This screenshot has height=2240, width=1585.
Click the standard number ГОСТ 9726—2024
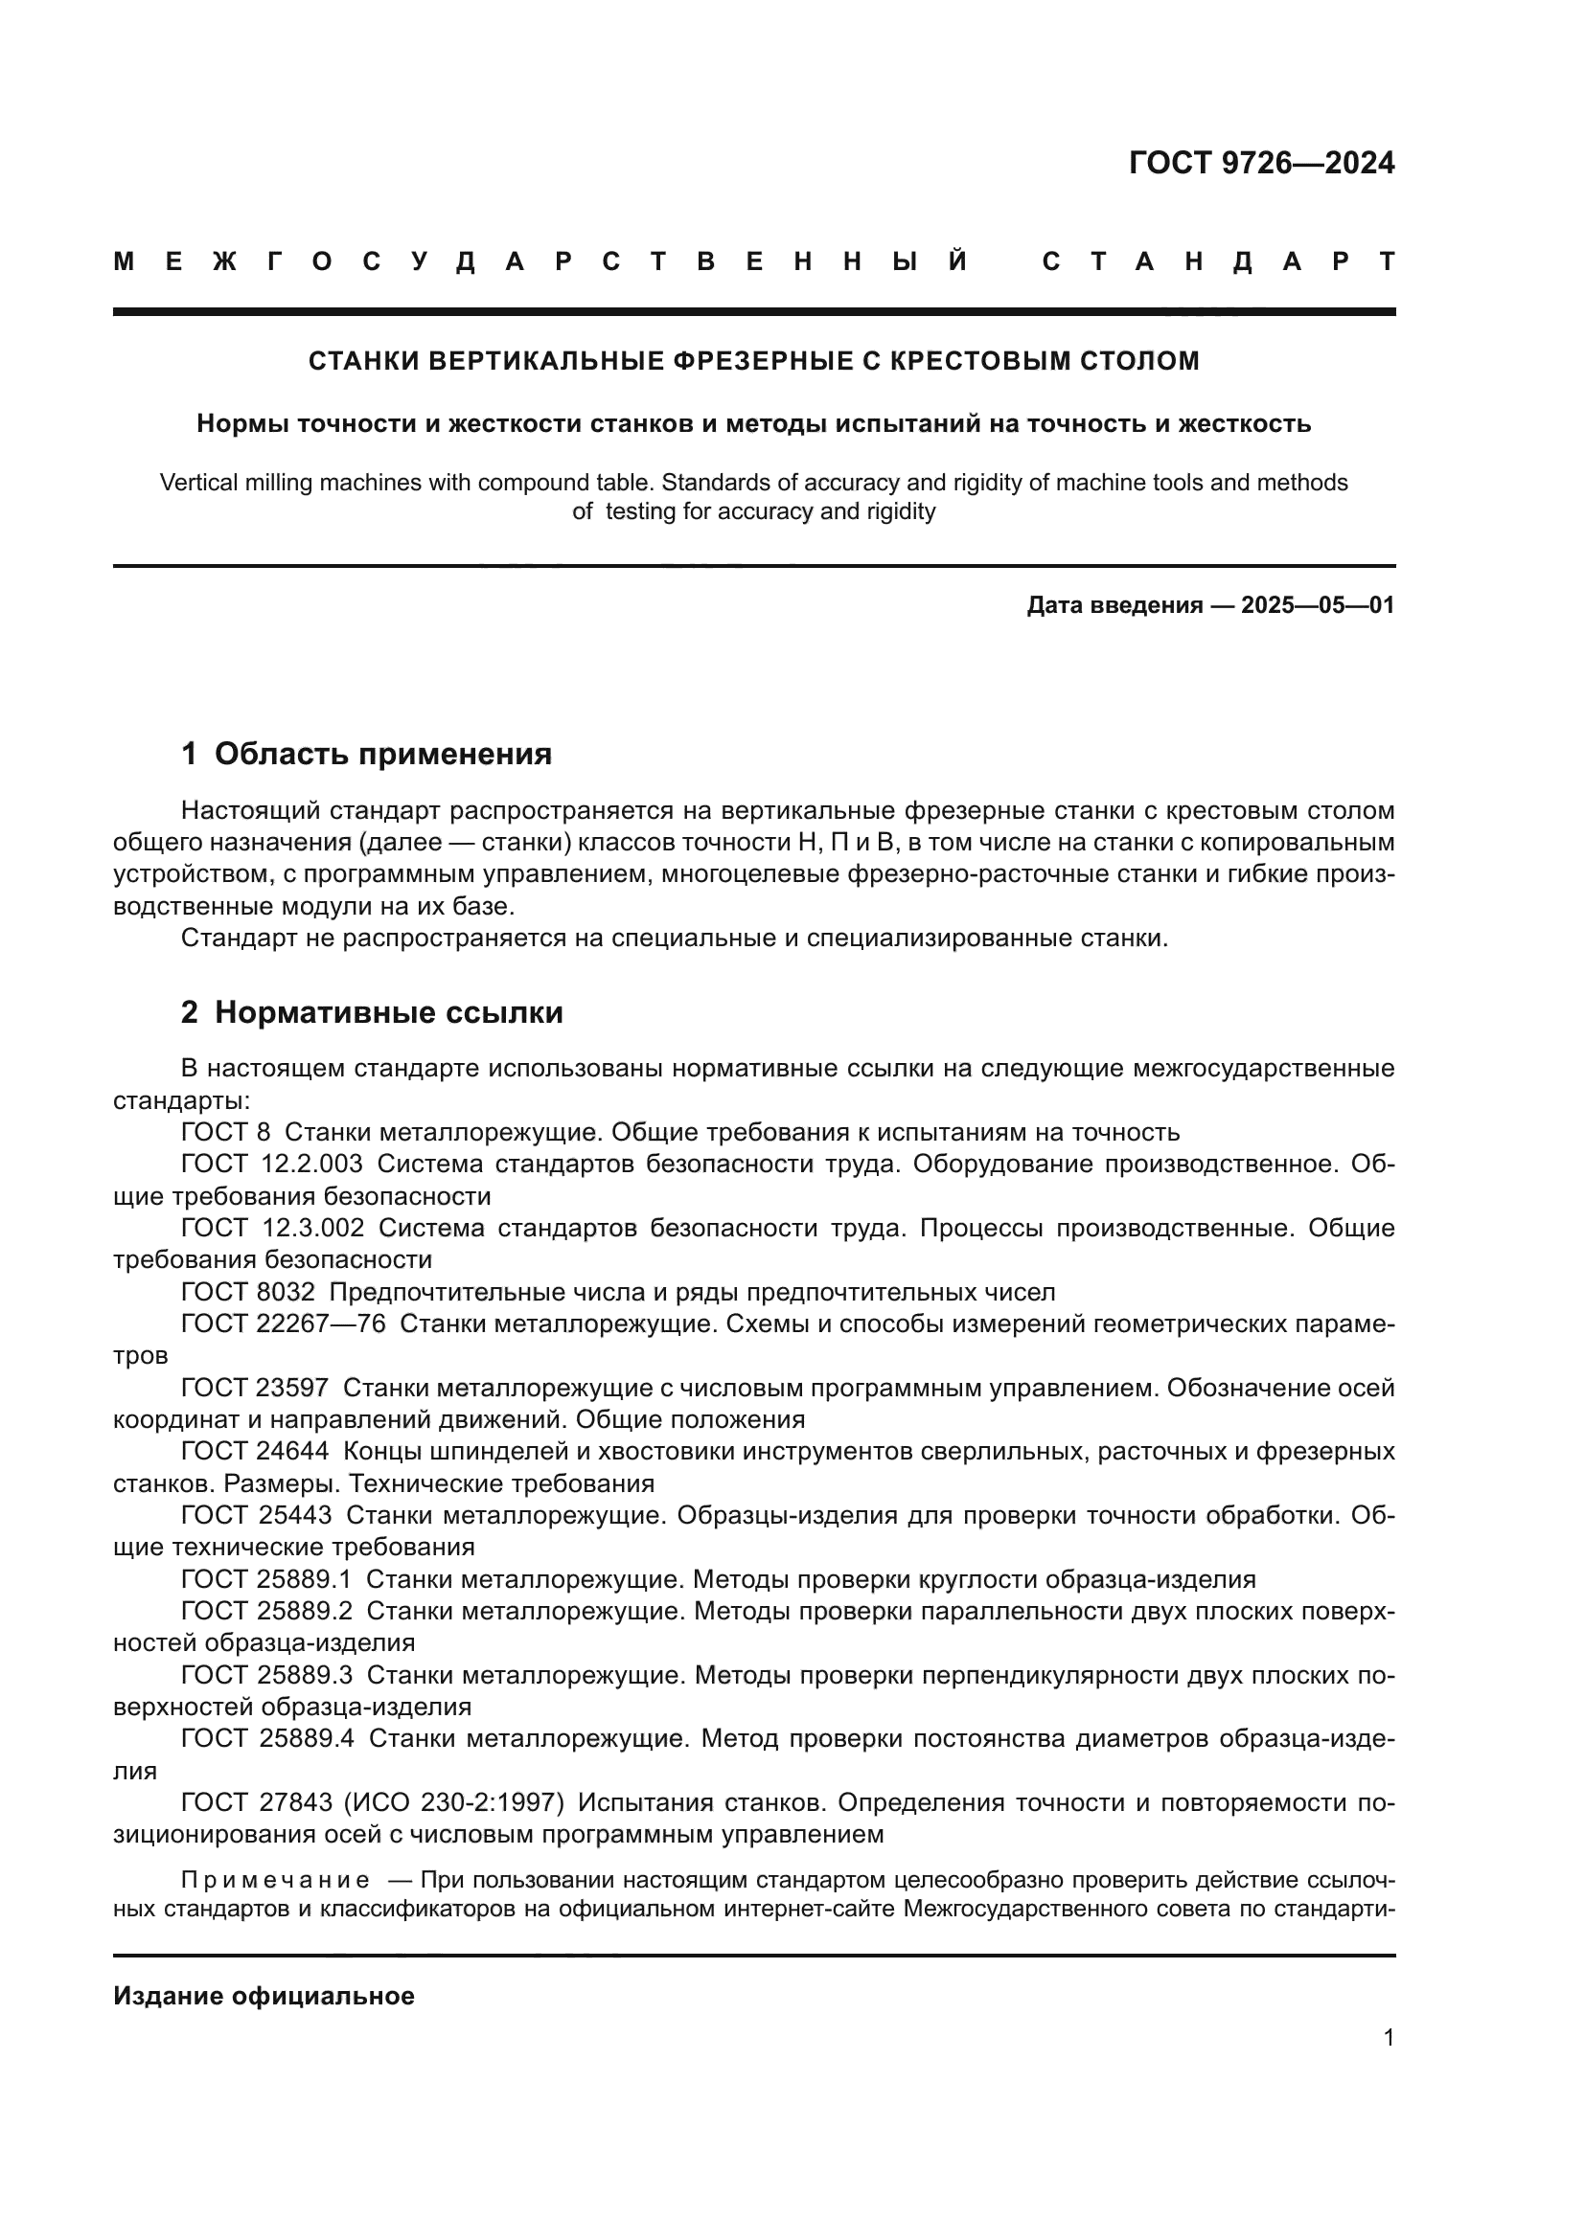[1261, 163]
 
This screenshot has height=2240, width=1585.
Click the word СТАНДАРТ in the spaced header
[1218, 262]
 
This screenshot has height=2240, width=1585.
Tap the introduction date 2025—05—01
[1318, 606]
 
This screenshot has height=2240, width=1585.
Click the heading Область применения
[382, 754]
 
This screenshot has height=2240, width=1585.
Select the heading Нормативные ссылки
[388, 1012]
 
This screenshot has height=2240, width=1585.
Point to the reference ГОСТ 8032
[248, 1293]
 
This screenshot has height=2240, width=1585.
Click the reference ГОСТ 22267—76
[283, 1324]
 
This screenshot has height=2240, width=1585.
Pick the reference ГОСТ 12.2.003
[271, 1164]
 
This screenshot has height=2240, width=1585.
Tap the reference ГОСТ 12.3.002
[272, 1229]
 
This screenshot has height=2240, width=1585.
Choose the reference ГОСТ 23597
[255, 1389]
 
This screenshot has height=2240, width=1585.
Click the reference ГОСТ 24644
[255, 1452]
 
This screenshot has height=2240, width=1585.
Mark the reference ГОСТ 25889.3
[267, 1675]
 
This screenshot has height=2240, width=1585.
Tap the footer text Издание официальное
[264, 1996]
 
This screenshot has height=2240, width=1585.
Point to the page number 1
[1388, 2038]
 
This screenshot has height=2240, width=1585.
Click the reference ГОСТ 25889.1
[266, 1579]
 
